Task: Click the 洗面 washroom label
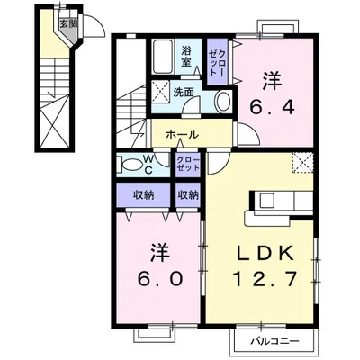[x=185, y=91]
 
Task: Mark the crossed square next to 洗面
[x=162, y=91]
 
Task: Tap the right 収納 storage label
[x=188, y=194]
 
